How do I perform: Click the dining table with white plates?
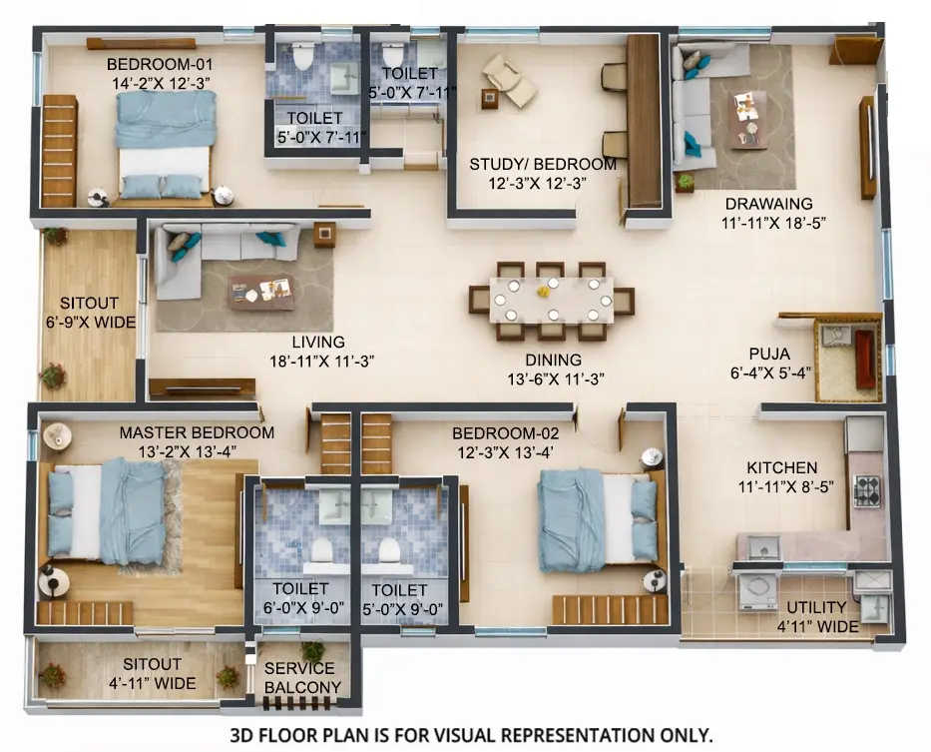pyautogui.click(x=551, y=300)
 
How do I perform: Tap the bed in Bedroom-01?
pyautogui.click(x=165, y=146)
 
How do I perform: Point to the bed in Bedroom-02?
pyautogui.click(x=597, y=519)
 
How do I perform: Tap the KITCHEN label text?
pyautogui.click(x=781, y=467)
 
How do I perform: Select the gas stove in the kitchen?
pyautogui.click(x=866, y=491)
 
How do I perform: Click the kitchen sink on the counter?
pyautogui.click(x=763, y=546)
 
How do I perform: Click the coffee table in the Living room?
pyautogui.click(x=261, y=291)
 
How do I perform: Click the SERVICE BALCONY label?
pyautogui.click(x=301, y=677)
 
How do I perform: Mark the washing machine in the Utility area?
pyautogui.click(x=755, y=590)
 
